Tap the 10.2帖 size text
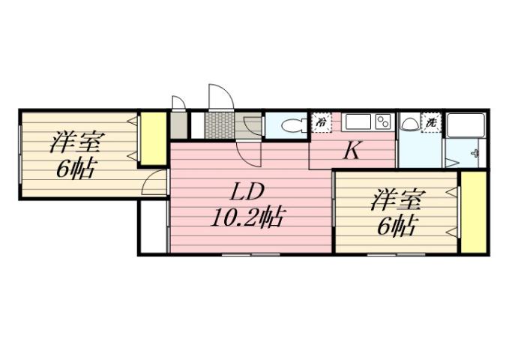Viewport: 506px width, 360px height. (247, 217)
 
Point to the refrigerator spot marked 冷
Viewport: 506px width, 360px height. (322, 120)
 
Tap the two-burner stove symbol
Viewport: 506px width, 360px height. (383, 121)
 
